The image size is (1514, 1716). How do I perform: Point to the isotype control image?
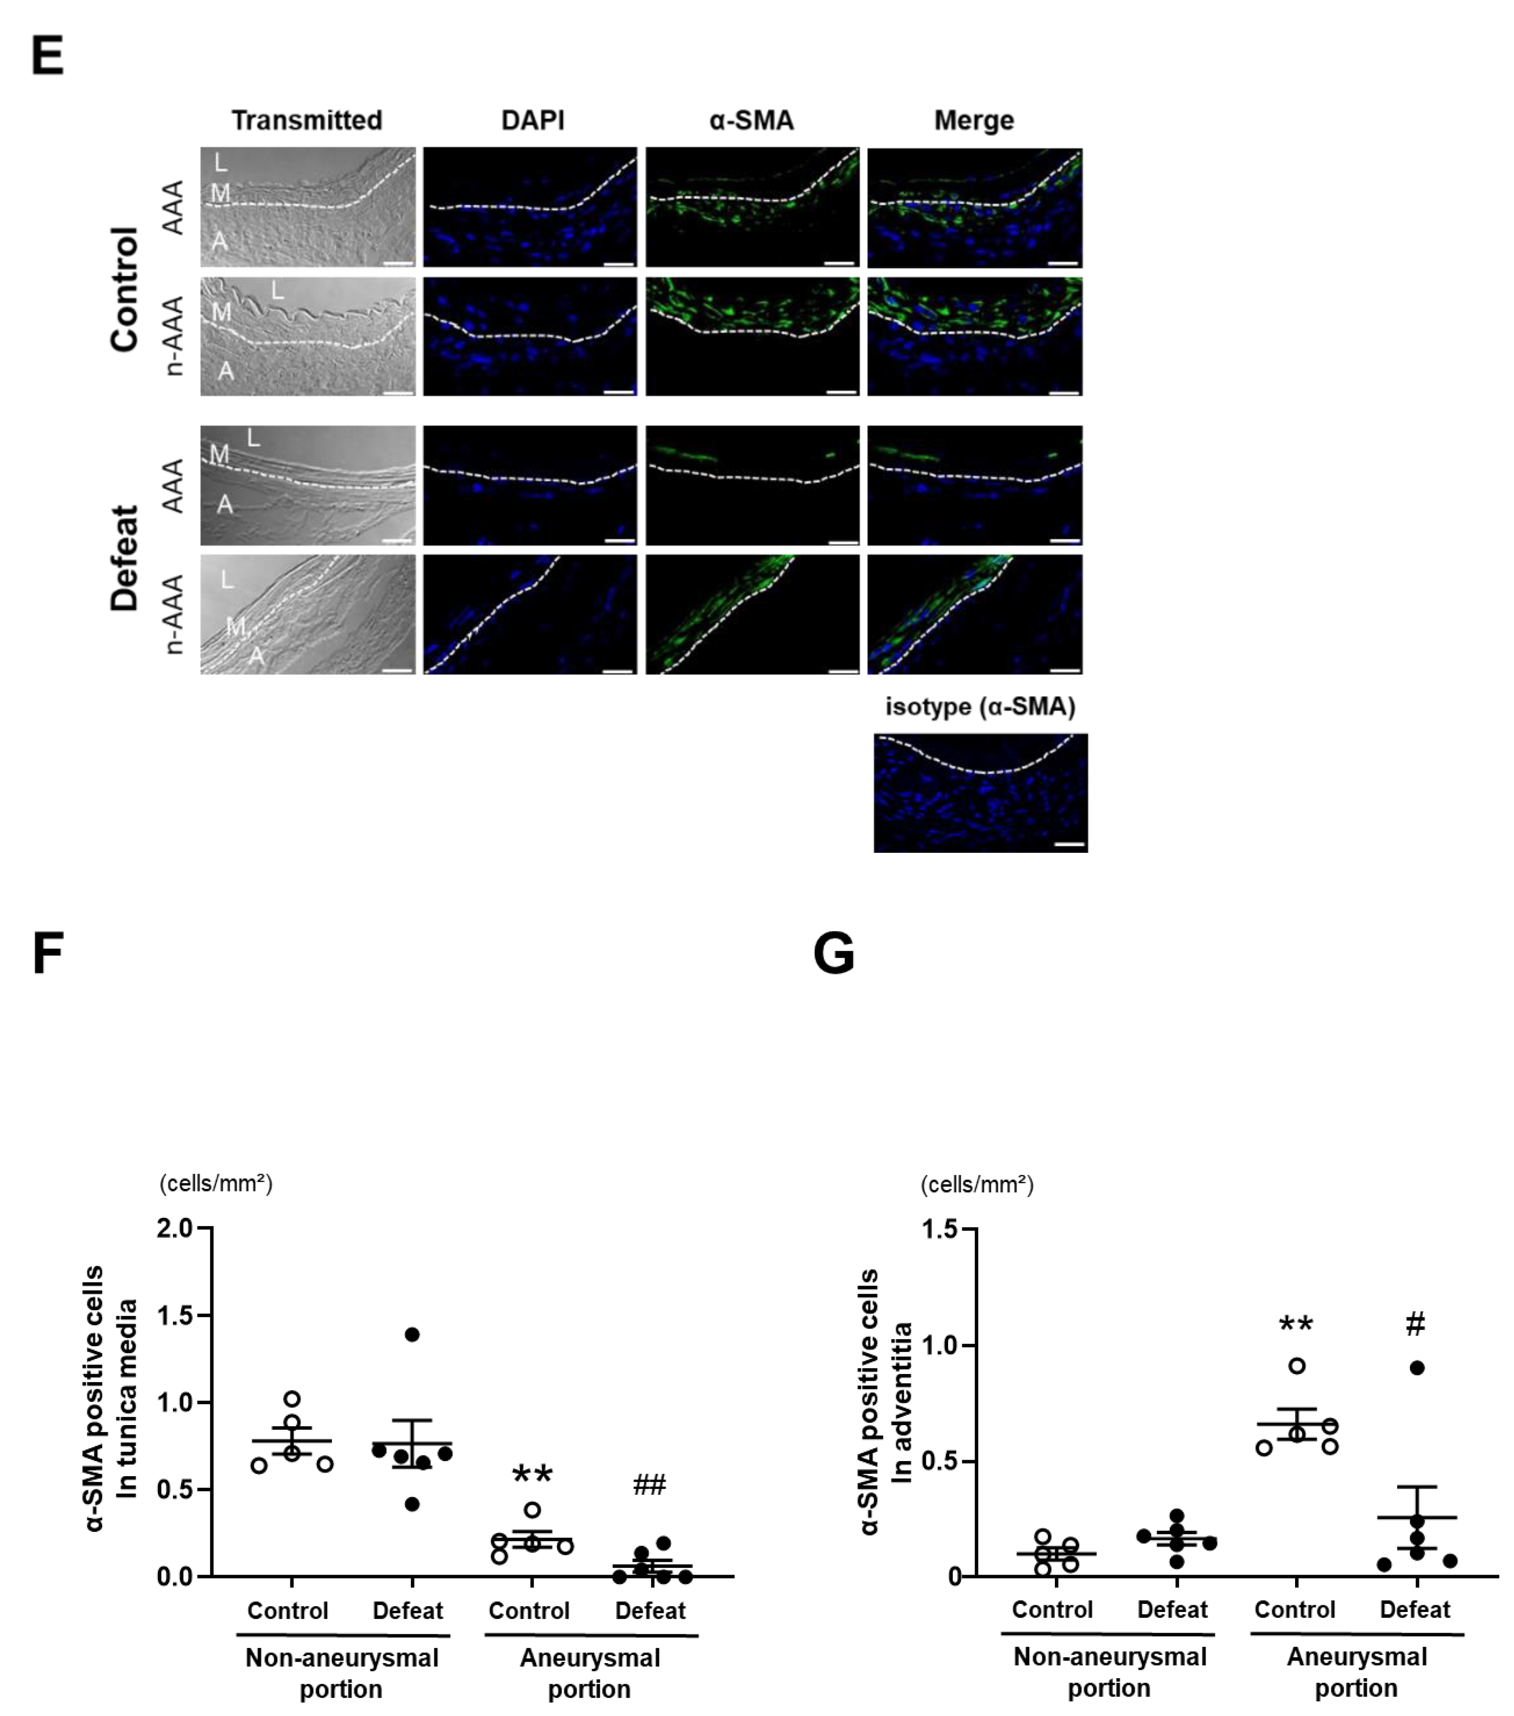[980, 793]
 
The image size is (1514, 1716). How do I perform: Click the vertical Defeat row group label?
[124, 558]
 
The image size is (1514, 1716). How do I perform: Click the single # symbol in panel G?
[1415, 1325]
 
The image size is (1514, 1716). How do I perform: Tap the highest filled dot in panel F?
[412, 1335]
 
